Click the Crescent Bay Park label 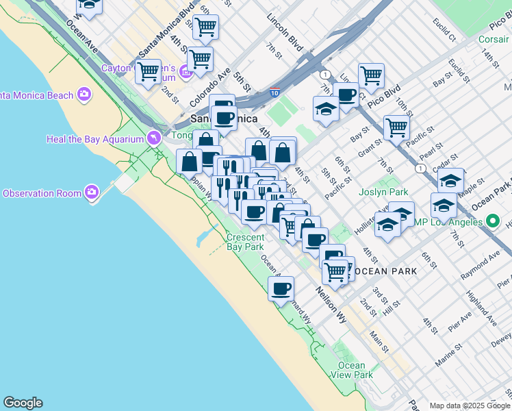click(x=245, y=242)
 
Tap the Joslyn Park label click(x=383, y=192)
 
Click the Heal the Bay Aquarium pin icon click(x=155, y=138)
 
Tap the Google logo click(x=23, y=403)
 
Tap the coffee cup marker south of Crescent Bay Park click(x=281, y=289)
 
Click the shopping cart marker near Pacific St click(x=396, y=127)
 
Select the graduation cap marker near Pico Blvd click(x=327, y=109)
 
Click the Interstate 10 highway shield click(x=274, y=91)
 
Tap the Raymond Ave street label click(x=480, y=264)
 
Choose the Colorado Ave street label click(x=210, y=89)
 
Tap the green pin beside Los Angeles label click(x=492, y=221)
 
